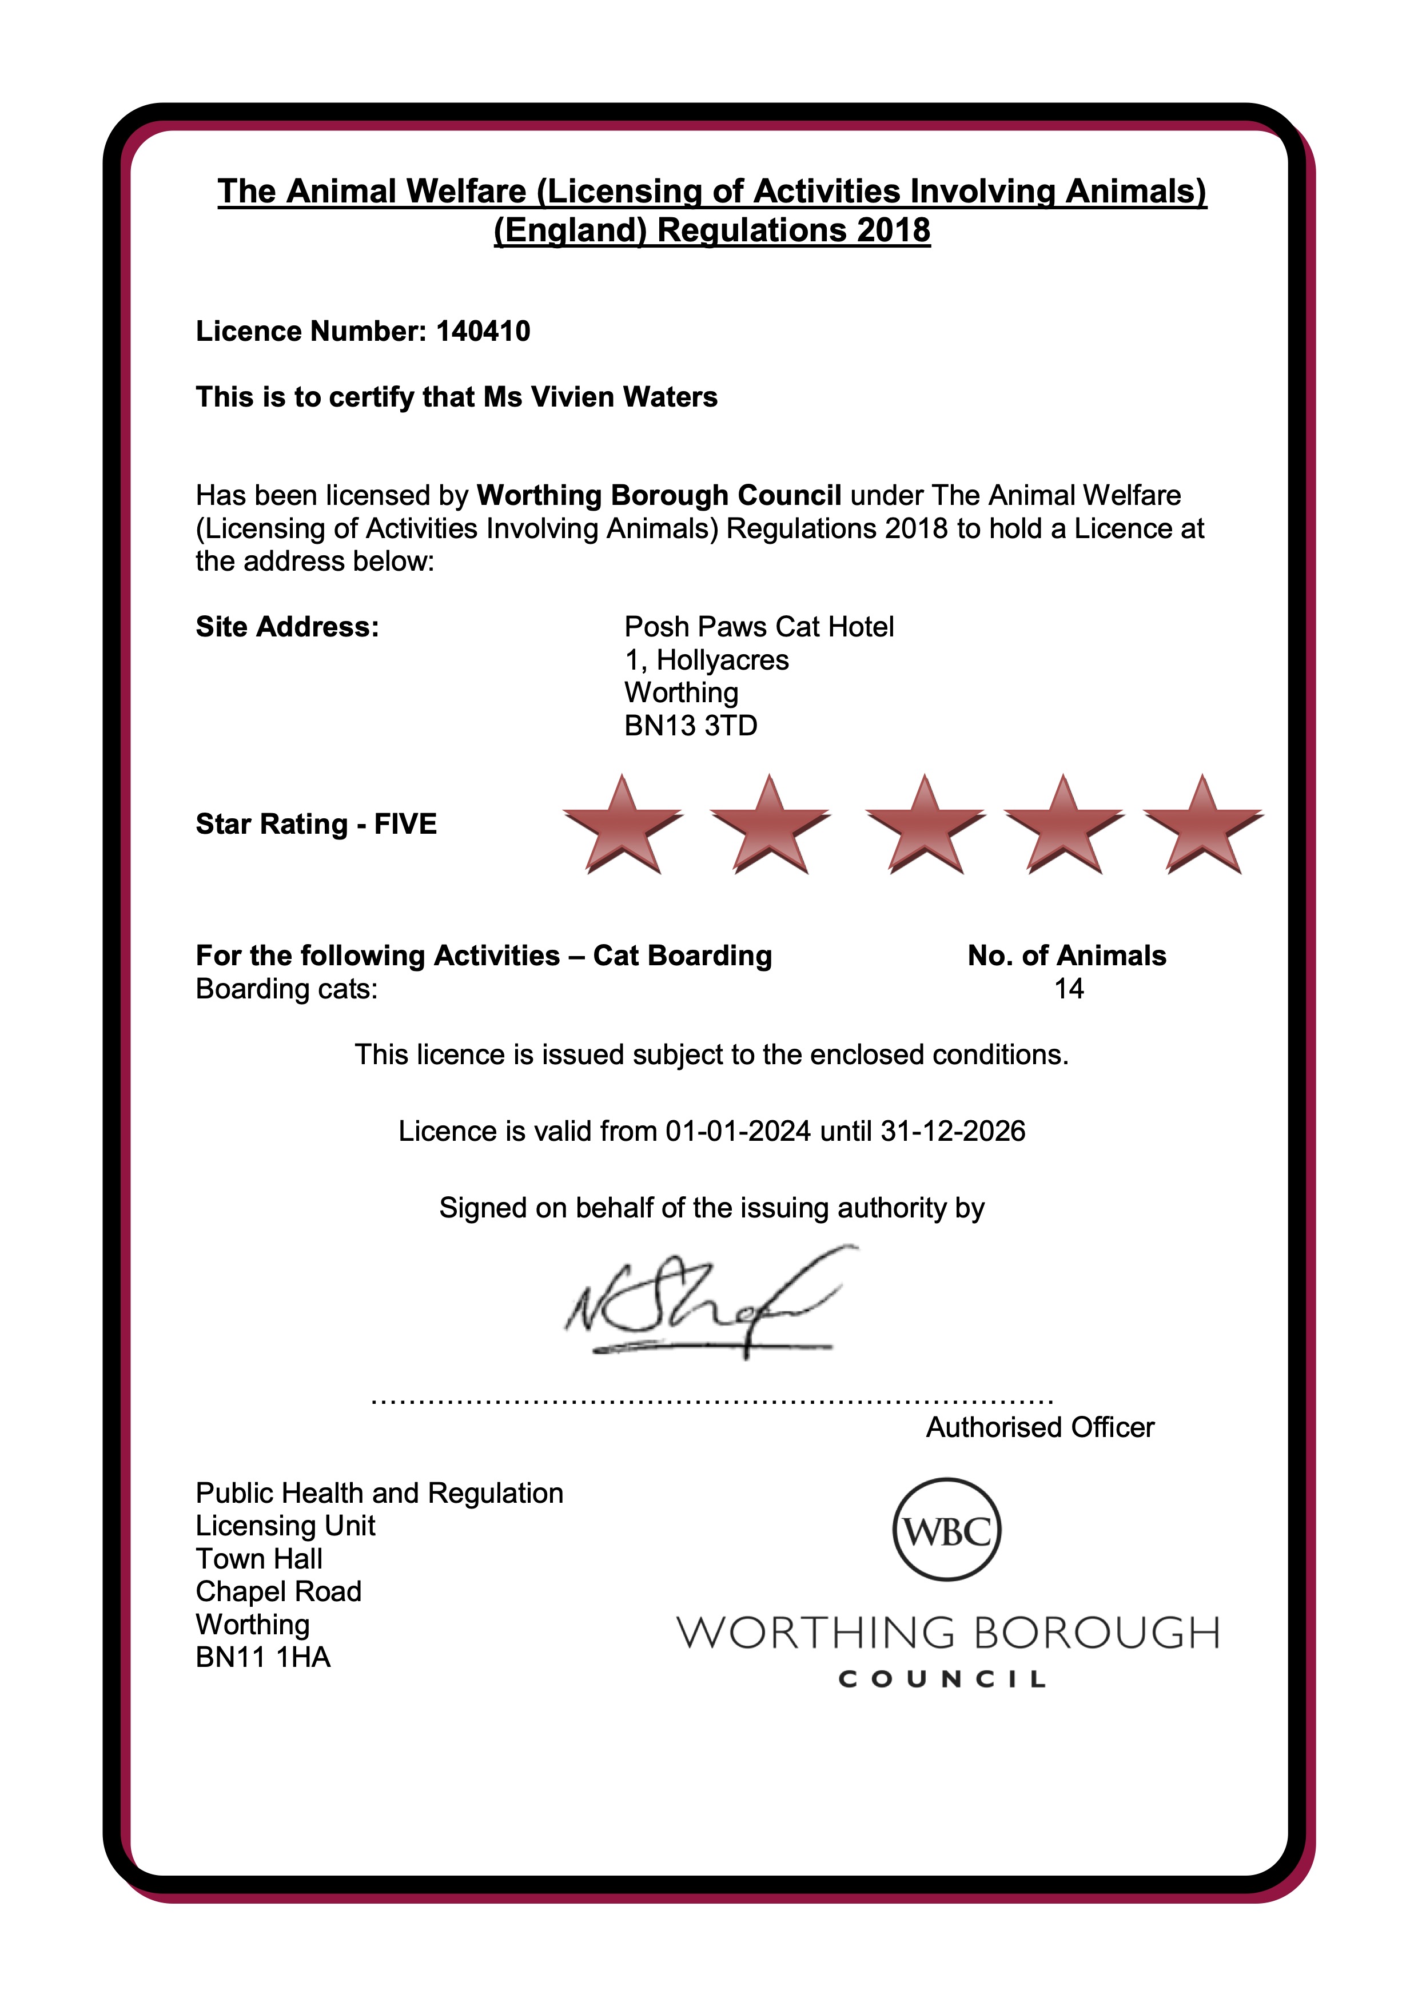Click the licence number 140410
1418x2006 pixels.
483,331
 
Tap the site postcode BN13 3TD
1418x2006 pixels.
690,725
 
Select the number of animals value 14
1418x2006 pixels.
1069,989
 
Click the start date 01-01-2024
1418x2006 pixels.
738,1132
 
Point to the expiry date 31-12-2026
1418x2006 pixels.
953,1132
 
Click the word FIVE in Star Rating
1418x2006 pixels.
405,824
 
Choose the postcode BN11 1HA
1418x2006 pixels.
263,1657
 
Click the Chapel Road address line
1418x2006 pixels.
278,1592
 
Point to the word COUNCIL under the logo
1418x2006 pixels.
942,1679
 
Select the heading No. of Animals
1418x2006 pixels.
1067,956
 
